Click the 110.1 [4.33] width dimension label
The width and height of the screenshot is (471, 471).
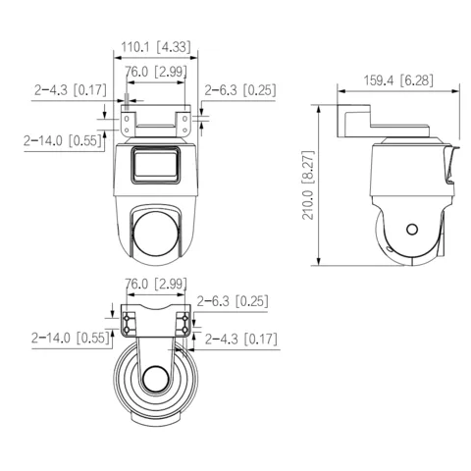click(x=156, y=47)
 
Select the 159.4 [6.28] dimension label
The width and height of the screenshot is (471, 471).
click(x=398, y=80)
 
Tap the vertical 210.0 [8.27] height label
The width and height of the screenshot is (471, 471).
click(x=308, y=184)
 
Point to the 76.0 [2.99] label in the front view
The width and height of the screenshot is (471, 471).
click(x=156, y=72)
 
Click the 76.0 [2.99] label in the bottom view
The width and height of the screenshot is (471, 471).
click(x=156, y=284)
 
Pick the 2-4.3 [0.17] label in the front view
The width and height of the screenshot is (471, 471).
click(x=71, y=89)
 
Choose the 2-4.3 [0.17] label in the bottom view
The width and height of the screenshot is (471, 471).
click(x=241, y=339)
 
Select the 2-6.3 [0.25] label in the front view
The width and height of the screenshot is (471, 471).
click(x=240, y=90)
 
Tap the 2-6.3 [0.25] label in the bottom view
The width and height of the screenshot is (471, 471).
click(x=233, y=301)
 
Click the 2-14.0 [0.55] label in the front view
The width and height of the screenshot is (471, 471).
click(x=63, y=140)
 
